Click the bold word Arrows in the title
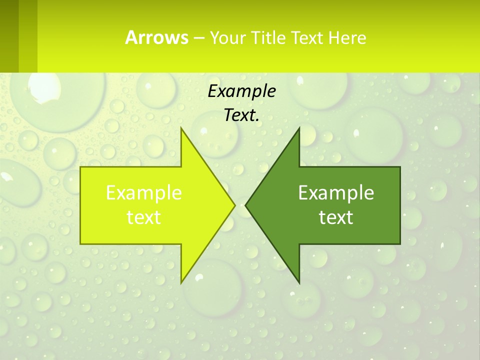click(x=156, y=37)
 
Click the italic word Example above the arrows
click(x=241, y=91)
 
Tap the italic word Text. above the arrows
click(x=241, y=115)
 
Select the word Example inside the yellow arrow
click(x=144, y=192)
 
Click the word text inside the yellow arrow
click(x=144, y=217)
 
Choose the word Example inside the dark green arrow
click(x=336, y=192)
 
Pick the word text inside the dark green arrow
click(x=336, y=217)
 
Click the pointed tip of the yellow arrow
click(x=235, y=205)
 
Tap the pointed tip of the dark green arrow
click(x=245, y=205)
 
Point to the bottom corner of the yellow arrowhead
click(x=181, y=283)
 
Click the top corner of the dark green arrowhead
click(x=299, y=128)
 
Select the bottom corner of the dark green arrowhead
click(x=299, y=283)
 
